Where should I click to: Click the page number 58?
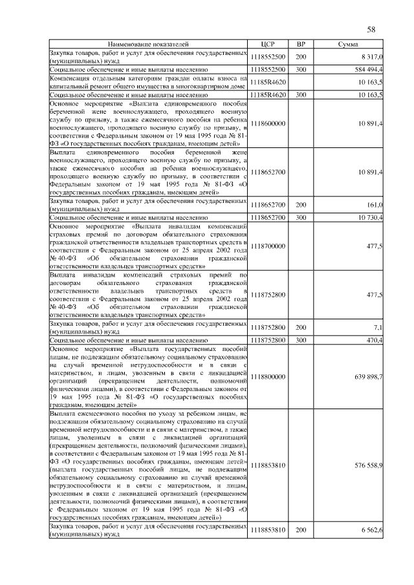(371, 29)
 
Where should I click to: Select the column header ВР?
(301, 44)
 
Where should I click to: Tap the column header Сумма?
(349, 44)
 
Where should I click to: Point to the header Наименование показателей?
(148, 44)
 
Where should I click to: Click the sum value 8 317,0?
(371, 57)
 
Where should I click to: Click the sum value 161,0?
(375, 204)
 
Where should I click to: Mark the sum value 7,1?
(378, 328)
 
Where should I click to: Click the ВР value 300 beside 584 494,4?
(301, 68)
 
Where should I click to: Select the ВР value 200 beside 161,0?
(301, 204)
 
